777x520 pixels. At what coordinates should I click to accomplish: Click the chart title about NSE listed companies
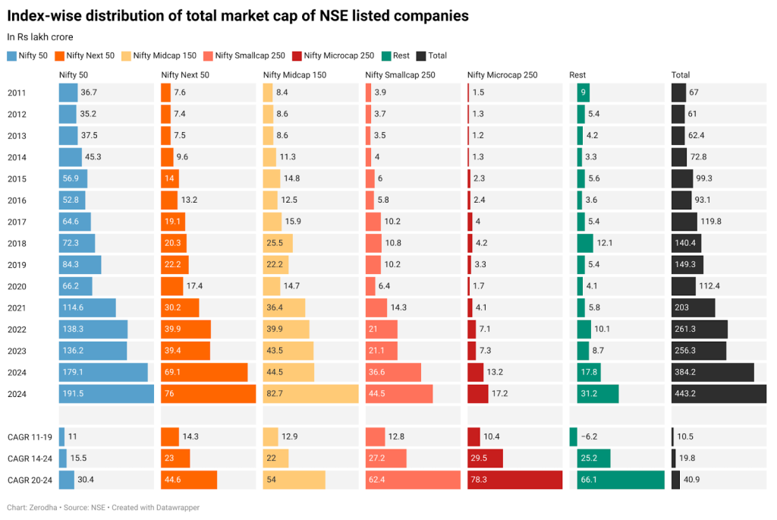(238, 16)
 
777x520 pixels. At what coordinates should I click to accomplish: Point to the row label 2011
(17, 93)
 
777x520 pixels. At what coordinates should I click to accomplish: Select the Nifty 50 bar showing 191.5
(106, 394)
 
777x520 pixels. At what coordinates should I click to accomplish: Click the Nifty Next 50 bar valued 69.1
(204, 373)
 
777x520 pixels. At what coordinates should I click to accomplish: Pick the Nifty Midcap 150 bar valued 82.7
(310, 394)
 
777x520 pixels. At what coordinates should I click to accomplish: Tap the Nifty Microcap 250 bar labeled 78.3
(514, 480)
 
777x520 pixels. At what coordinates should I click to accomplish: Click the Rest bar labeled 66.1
(616, 480)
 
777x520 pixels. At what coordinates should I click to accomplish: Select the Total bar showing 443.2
(718, 394)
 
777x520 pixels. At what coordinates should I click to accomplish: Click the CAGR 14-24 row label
(29, 459)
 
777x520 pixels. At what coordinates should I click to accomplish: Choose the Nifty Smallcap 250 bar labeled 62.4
(413, 480)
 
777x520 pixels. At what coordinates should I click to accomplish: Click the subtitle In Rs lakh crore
(39, 36)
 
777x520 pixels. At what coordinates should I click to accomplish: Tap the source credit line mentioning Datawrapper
(103, 507)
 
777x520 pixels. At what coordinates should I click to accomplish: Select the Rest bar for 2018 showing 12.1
(585, 243)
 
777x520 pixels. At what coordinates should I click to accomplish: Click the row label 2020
(17, 286)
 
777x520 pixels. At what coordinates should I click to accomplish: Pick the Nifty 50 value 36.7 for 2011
(89, 93)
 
